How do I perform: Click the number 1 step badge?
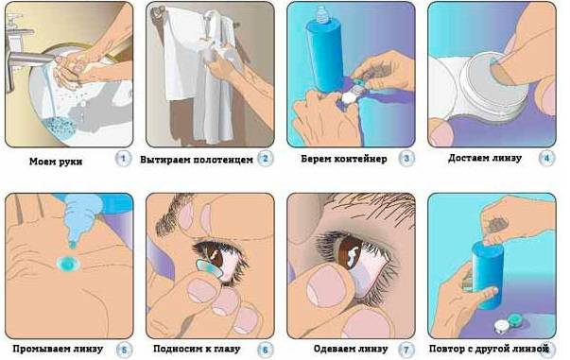123,159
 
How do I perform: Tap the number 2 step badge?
265,159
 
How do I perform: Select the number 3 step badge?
406,159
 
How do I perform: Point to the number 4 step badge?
546,159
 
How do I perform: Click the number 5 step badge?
124,350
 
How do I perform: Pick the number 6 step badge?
265,350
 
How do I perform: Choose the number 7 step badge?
406,350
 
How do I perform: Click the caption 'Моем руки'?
56,162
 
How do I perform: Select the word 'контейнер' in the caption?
360,159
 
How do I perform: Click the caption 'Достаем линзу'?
485,158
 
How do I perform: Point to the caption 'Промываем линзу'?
58,349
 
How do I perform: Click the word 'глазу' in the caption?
226,349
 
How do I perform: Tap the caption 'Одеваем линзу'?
351,349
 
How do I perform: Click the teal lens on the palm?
68,264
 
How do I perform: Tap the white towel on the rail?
181,55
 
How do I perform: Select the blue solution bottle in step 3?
324,51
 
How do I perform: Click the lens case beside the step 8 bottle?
509,323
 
